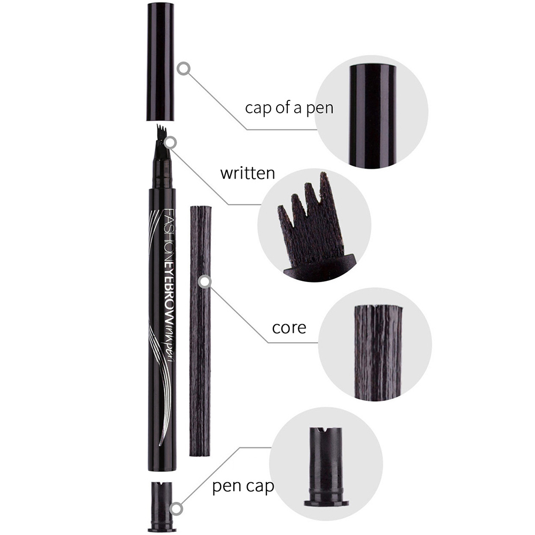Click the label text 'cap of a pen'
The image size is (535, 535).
(x=289, y=108)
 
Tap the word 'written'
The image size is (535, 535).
(x=247, y=173)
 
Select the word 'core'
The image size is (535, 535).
(x=289, y=328)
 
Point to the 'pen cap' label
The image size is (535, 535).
(x=243, y=486)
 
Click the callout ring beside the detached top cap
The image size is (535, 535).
(x=184, y=68)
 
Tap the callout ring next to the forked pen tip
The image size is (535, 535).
(x=170, y=142)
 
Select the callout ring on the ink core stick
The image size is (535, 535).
(x=204, y=281)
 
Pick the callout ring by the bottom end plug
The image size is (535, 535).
(x=176, y=509)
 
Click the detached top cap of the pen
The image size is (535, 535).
(x=160, y=61)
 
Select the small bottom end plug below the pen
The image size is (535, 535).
(x=161, y=506)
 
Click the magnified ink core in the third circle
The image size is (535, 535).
(x=378, y=352)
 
